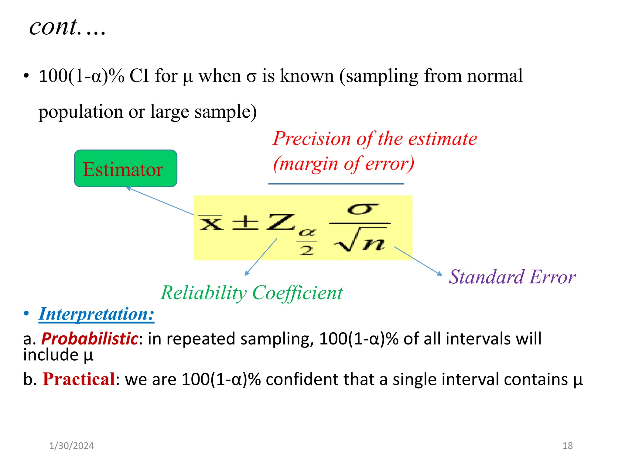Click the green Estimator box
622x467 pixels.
[x=125, y=168]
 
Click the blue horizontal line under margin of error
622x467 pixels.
[x=336, y=184]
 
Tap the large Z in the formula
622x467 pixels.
[x=280, y=222]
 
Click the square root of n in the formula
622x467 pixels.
[x=360, y=240]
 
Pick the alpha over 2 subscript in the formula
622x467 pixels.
[x=307, y=242]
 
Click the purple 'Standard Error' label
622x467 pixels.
[x=512, y=277]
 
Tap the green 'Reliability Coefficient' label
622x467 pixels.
[x=251, y=293]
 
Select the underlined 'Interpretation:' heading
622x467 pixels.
[x=96, y=314]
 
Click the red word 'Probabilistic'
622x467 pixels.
[x=90, y=339]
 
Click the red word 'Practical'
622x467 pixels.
[x=79, y=379]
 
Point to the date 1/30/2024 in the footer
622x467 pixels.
[x=71, y=446]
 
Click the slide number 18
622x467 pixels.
[x=567, y=446]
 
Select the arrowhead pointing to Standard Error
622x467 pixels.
[x=440, y=274]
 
